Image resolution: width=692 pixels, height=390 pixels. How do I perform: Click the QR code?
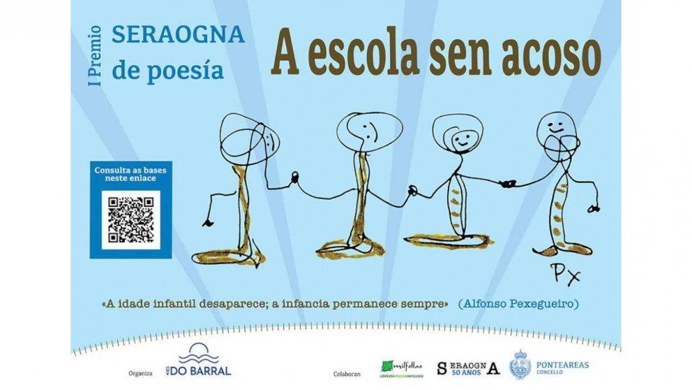131,220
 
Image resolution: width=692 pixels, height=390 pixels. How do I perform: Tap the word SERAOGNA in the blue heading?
178,35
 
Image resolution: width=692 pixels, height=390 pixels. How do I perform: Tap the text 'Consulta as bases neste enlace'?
131,174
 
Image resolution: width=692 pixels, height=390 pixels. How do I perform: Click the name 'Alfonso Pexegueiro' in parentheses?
518,304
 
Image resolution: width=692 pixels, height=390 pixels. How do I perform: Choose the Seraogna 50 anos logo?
467,368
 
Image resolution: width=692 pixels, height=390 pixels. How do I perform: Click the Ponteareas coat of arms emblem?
520,365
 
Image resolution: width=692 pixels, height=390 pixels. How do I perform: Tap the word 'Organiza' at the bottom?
141,373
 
